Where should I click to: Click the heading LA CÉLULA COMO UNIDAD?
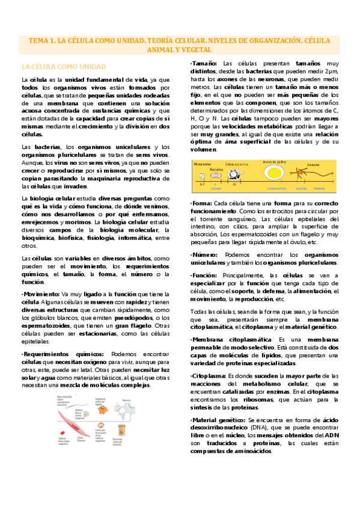tap(63, 66)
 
